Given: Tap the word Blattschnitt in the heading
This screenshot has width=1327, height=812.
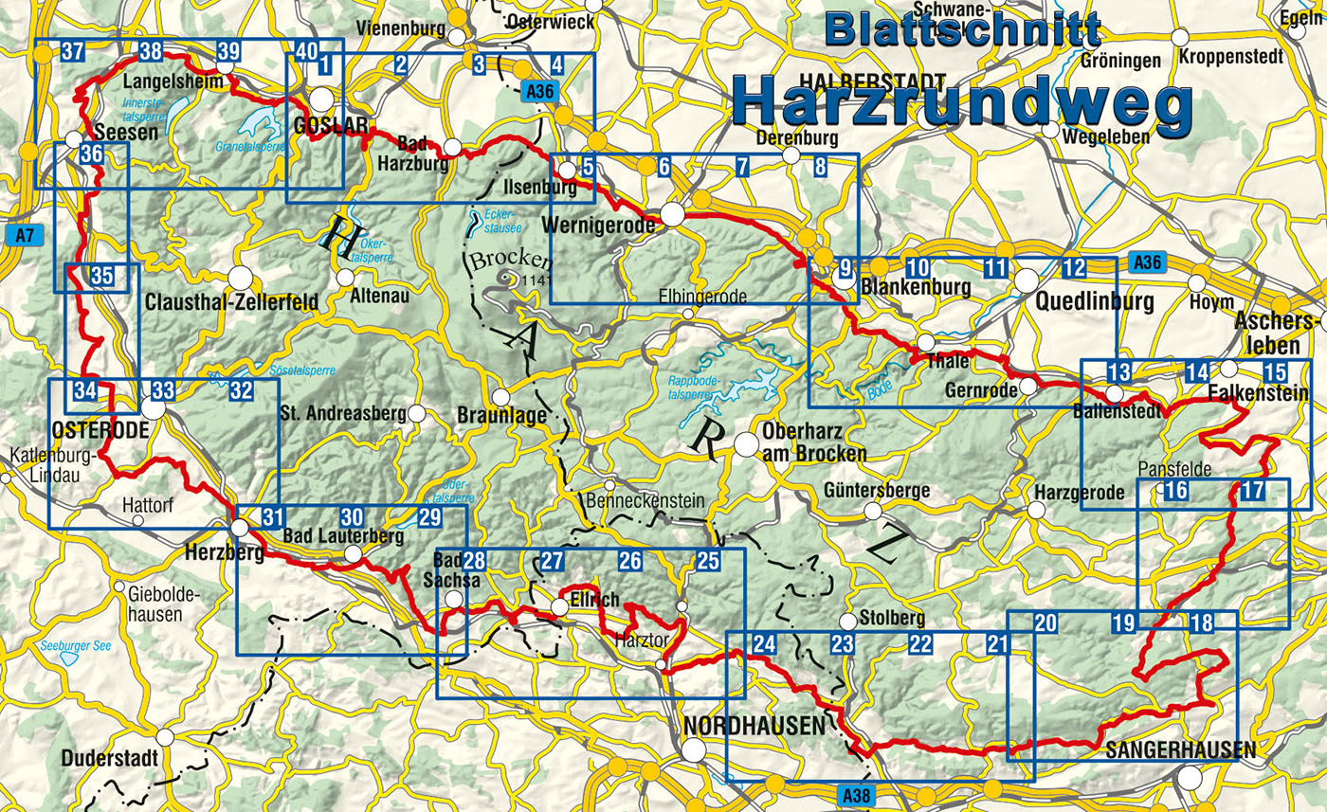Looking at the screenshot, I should (x=962, y=29).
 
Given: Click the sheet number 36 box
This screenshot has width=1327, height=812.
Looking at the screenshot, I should (x=91, y=154).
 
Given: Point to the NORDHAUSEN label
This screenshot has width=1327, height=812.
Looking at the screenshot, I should (x=754, y=727).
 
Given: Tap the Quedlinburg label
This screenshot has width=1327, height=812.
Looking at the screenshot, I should (x=1095, y=303).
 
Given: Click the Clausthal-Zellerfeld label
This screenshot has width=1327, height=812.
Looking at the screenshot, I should (x=233, y=303).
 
